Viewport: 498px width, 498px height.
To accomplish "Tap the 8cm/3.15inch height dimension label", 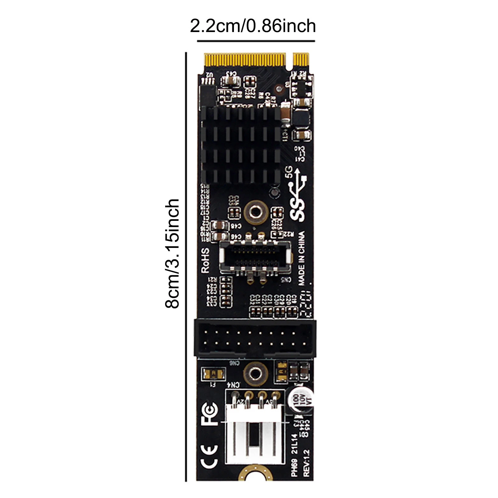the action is (x=172, y=254).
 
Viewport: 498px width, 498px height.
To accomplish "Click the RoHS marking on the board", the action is (x=205, y=260).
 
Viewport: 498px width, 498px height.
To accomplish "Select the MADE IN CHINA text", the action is (x=301, y=258).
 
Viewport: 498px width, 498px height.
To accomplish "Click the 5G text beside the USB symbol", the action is (x=289, y=172).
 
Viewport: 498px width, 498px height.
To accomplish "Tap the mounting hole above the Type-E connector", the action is (x=255, y=212).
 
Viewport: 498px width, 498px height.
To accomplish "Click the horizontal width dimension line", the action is (x=256, y=41).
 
